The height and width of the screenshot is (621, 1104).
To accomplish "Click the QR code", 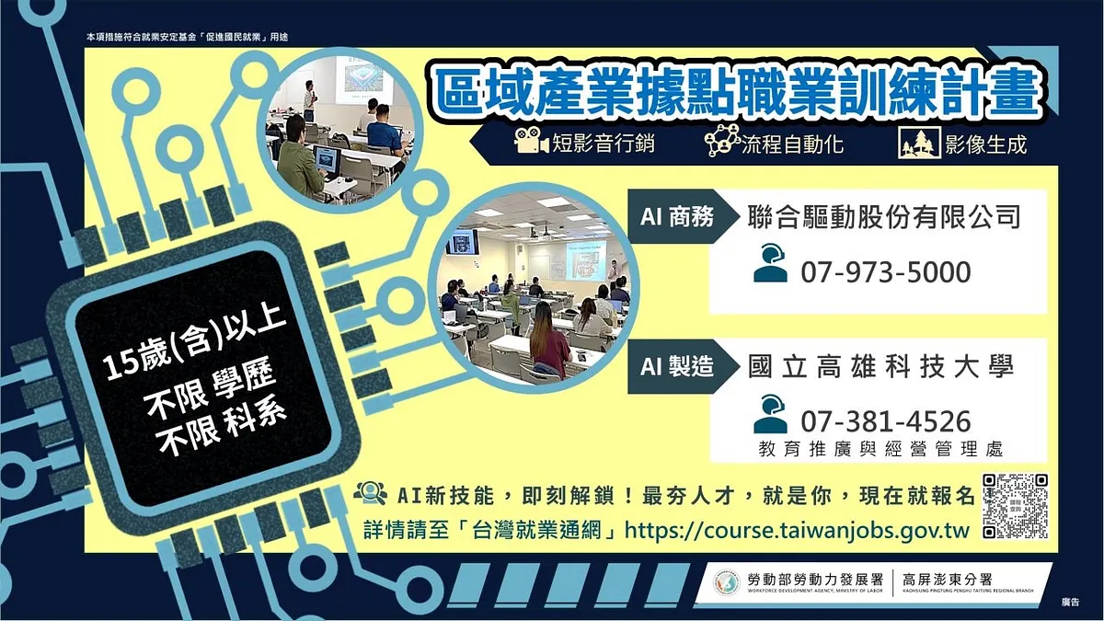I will pyautogui.click(x=1015, y=506).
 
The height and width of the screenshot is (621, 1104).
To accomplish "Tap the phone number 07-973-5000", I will pyautogui.click(x=885, y=272).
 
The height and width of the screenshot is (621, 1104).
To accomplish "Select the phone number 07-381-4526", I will pyautogui.click(x=885, y=421).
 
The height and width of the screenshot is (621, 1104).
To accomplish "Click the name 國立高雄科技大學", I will pyautogui.click(x=881, y=366).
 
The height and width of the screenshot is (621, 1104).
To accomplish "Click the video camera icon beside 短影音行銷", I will pyautogui.click(x=532, y=144).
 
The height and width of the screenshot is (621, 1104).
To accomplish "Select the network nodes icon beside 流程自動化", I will pyautogui.click(x=721, y=142).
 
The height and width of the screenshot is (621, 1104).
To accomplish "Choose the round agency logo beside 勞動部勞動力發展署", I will pyautogui.click(x=726, y=581).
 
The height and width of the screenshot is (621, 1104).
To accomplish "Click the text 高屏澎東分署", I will pyautogui.click(x=952, y=579).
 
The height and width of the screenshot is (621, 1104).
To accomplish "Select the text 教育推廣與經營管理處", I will pyautogui.click(x=880, y=449).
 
